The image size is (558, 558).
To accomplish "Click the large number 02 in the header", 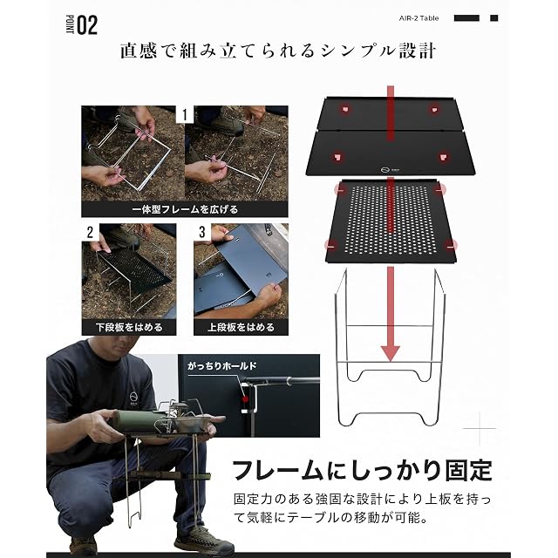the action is (x=87, y=25).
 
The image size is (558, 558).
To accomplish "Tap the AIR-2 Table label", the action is (x=418, y=18).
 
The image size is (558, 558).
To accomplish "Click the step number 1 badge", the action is (x=184, y=114).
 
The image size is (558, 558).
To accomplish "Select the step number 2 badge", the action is (x=90, y=232).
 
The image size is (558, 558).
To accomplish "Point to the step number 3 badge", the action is (x=202, y=232).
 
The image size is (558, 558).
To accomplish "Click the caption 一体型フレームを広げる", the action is (x=185, y=209).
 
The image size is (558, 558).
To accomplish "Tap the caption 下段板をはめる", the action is (x=129, y=328).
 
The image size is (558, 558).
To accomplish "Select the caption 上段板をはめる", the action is (x=241, y=328).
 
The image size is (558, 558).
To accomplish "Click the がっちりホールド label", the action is (x=222, y=366).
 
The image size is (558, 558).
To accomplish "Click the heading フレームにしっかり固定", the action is (x=362, y=470).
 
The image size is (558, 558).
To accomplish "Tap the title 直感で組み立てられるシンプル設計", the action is (x=278, y=51).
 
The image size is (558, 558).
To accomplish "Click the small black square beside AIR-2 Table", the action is (x=494, y=18).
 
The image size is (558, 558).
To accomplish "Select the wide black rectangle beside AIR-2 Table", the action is (x=466, y=18).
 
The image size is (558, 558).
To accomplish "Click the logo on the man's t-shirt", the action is (x=133, y=398).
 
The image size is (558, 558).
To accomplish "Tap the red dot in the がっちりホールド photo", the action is (x=245, y=399).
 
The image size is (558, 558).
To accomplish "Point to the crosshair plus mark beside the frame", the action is (x=480, y=428).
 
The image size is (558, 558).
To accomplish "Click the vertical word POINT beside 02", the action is (x=70, y=24).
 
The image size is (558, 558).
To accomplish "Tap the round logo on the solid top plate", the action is (x=384, y=170).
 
